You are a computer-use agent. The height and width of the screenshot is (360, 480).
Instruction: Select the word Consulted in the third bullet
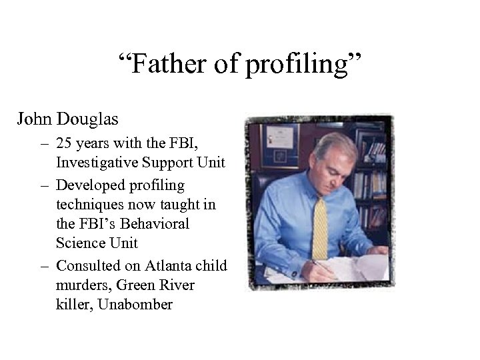tap(86, 265)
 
